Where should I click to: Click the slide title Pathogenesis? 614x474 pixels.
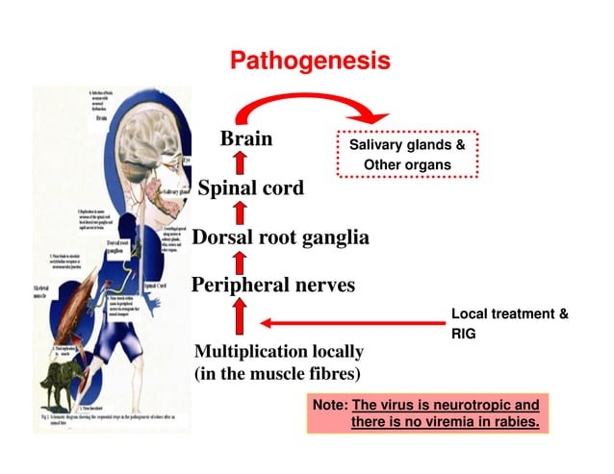pos(310,62)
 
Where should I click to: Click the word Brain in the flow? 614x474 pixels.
pos(246,139)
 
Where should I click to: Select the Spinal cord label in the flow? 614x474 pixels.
pos(250,187)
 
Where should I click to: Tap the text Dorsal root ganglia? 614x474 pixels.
pos(280,237)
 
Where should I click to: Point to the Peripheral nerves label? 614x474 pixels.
pos(273,285)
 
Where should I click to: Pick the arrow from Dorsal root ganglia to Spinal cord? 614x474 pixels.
pos(241,212)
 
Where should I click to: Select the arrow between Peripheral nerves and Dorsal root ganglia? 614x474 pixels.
pos(241,261)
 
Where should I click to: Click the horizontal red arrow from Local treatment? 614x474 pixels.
pos(346,323)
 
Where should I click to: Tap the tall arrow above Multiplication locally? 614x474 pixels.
pos(241,316)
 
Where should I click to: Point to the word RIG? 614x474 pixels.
pos(463,335)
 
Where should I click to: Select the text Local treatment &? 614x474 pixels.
pos(509,314)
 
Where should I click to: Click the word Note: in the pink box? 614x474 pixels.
pos(330,405)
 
